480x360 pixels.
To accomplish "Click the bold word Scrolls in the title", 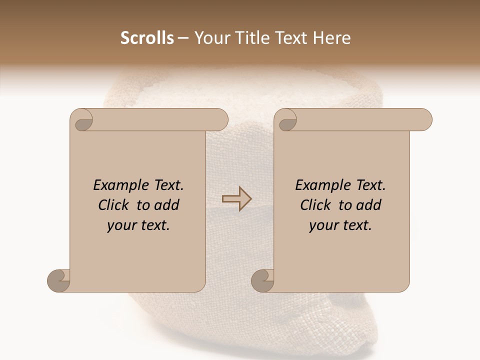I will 147,38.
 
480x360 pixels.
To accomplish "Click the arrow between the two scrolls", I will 237,199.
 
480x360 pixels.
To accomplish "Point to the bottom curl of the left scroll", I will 58,280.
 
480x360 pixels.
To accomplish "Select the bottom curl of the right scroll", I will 262,280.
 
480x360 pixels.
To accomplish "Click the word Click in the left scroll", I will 114,205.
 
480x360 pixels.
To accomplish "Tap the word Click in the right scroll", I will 316,205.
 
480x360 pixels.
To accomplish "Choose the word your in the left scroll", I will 121,225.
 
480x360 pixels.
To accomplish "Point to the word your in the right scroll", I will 323,225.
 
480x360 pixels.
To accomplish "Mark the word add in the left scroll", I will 166,205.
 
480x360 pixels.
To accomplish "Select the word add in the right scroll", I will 368,205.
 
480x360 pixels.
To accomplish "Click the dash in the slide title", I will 183,38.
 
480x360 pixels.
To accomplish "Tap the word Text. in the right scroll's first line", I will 370,185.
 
